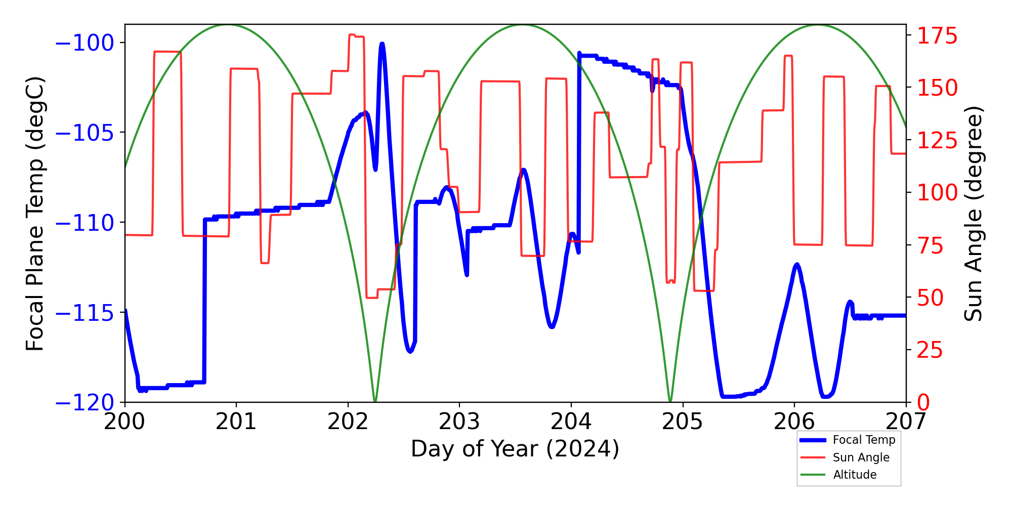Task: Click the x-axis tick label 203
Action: (x=459, y=421)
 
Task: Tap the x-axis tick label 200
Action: (x=124, y=421)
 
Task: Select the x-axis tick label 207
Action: (x=906, y=421)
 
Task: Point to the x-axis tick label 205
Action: (x=683, y=421)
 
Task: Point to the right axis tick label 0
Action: (x=924, y=403)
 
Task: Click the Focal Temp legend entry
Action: (x=864, y=440)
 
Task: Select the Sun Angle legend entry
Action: (x=861, y=457)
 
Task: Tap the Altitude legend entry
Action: (x=855, y=475)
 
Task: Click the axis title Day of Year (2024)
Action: (x=515, y=449)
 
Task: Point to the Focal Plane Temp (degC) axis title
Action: (x=35, y=214)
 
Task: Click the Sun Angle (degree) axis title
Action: (x=973, y=214)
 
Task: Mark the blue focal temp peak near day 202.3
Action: (x=382, y=45)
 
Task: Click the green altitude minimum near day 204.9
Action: (x=670, y=401)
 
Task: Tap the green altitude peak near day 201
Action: (x=228, y=25)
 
